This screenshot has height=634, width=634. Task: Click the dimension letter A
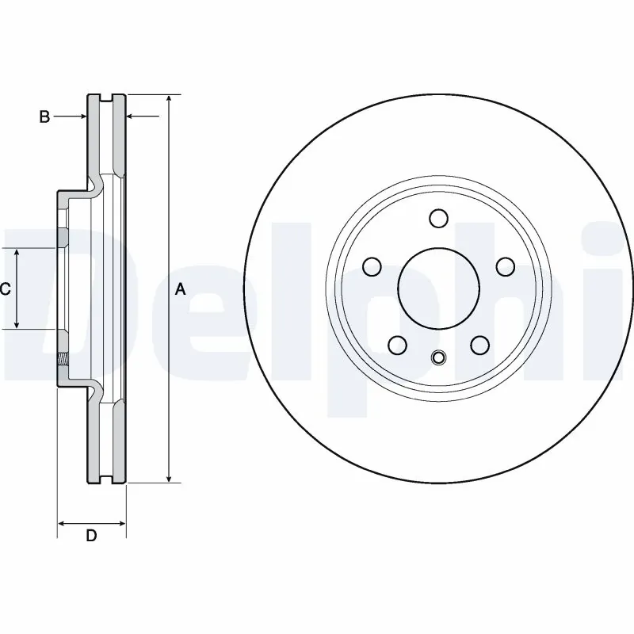coord(180,290)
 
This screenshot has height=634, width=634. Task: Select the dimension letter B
coord(45,117)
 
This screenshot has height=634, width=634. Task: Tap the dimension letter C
coord(5,289)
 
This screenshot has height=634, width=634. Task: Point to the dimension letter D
coord(91,536)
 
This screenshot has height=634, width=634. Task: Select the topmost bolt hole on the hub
coord(437,218)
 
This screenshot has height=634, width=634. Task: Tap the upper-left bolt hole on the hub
coord(372,265)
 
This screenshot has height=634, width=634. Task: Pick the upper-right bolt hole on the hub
coord(503,265)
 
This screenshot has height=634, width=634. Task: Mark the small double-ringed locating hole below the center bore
coord(437,358)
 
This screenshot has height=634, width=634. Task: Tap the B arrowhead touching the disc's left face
coord(82,117)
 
